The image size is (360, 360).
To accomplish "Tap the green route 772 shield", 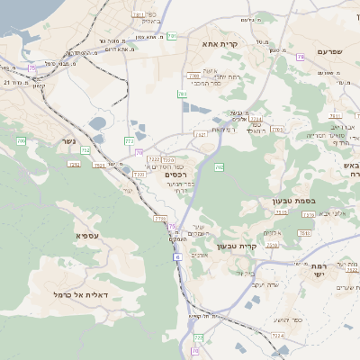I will (x=130, y=140).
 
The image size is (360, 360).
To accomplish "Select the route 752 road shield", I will (x=85, y=150).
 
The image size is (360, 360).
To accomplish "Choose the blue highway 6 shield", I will (x=177, y=256).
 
